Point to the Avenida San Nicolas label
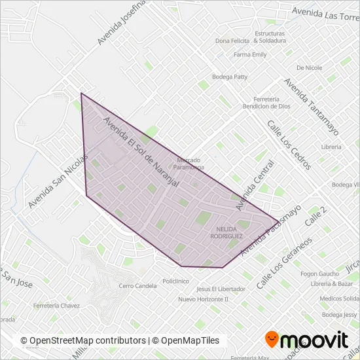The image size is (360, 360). point(58,183)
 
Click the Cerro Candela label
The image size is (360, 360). point(137,286)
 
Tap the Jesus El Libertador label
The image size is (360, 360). point(221,289)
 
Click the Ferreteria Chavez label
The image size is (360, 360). point(58,306)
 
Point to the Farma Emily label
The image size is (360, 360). point(250,55)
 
